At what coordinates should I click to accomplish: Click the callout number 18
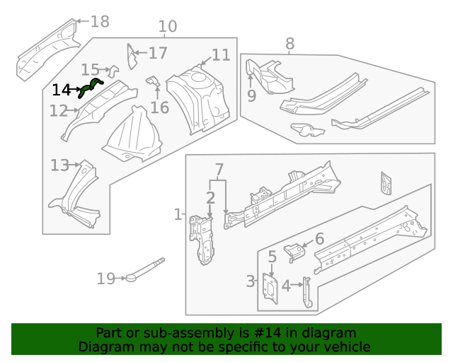(x=100, y=22)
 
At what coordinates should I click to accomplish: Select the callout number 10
(x=167, y=28)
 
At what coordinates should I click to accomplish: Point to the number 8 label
(x=289, y=44)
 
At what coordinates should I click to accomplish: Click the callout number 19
(x=105, y=279)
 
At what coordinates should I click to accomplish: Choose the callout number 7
(x=219, y=170)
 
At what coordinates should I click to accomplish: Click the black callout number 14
(x=62, y=90)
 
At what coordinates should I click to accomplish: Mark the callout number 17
(x=158, y=53)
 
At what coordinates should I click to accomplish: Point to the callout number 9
(x=251, y=96)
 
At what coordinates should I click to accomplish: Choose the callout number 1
(x=178, y=214)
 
